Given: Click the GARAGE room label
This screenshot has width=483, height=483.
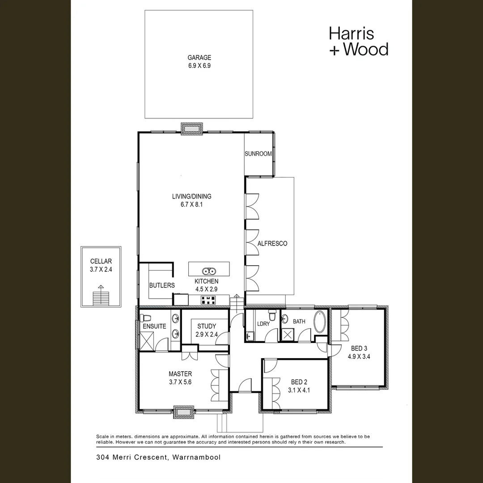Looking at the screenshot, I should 199,58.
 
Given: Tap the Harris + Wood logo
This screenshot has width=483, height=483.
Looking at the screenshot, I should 358,41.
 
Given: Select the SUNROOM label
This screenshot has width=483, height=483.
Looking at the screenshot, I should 258,154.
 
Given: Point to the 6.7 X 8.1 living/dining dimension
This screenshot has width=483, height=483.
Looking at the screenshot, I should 191,204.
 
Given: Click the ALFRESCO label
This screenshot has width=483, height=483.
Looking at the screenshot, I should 272,244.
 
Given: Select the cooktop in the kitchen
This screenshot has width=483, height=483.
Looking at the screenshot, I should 208,301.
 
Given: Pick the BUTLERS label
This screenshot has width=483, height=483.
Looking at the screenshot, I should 161,285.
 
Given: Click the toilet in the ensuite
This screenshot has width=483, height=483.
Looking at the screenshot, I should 144,318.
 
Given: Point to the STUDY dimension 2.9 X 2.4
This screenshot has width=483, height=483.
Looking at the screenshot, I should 206,334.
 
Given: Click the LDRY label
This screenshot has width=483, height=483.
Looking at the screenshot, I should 263,324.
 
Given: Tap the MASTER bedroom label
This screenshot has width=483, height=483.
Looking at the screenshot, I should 180,374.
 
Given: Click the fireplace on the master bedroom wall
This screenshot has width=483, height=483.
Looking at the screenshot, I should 183,411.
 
